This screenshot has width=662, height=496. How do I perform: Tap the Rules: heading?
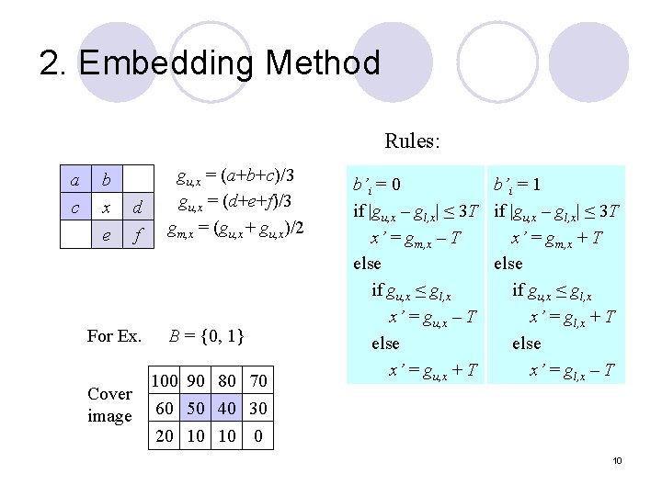[412, 141]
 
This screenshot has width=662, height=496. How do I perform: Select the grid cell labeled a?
[74, 177]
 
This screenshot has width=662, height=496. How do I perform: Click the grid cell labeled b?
[106, 177]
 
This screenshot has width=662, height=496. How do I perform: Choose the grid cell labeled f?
[137, 236]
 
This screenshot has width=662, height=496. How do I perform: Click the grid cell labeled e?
[106, 236]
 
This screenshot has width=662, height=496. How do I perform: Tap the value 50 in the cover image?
[196, 407]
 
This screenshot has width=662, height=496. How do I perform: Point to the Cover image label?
[109, 404]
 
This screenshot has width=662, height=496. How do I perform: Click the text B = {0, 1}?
[206, 336]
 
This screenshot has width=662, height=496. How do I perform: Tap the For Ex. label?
[114, 336]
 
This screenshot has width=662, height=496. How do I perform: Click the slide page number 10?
[618, 459]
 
